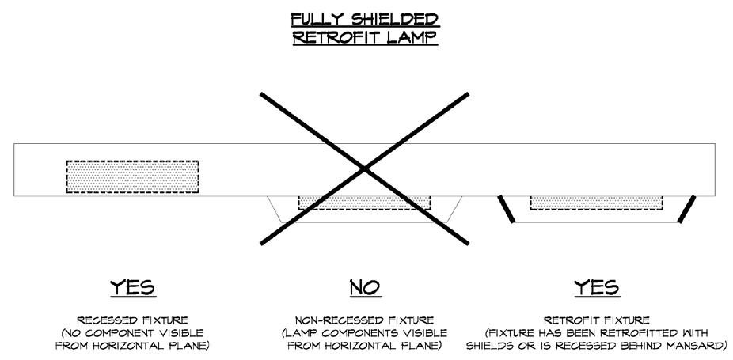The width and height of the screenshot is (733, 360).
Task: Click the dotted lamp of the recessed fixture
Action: (132, 176)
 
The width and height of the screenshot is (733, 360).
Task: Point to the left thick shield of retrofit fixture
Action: (506, 209)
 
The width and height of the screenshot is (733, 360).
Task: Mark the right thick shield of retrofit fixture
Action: (686, 209)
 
